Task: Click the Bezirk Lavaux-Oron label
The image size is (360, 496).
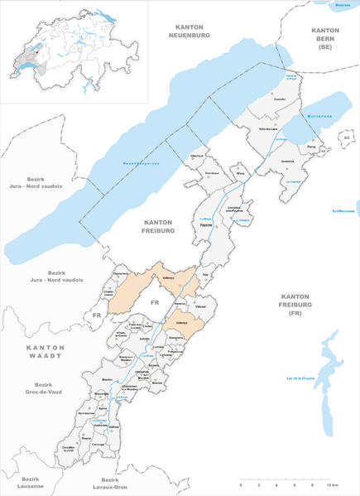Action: coord(111,484)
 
